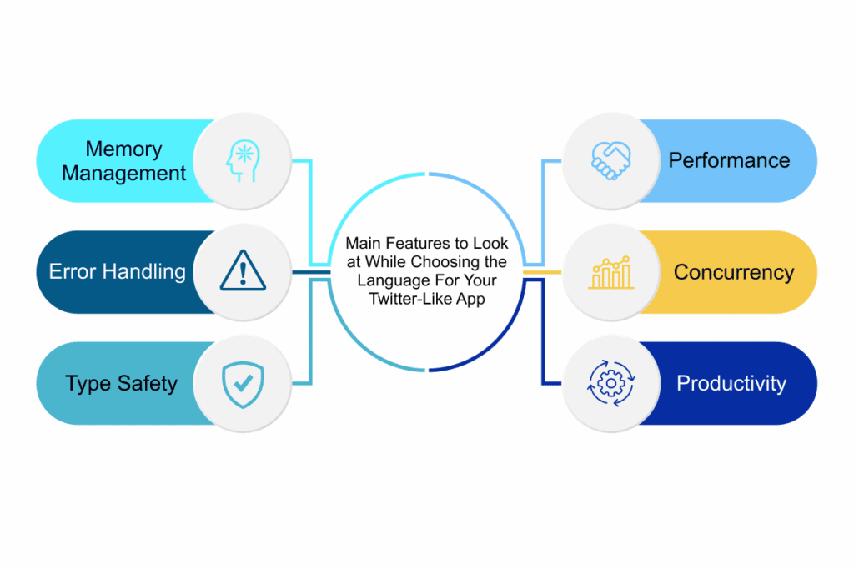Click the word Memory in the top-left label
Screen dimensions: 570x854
[123, 149]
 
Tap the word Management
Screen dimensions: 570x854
[123, 174]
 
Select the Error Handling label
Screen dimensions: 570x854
[117, 271]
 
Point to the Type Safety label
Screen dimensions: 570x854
[121, 384]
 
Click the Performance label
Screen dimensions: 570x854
[729, 160]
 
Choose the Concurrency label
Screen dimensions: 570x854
[734, 272]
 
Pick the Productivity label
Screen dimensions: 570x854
[731, 384]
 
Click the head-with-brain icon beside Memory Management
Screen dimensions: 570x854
[244, 161]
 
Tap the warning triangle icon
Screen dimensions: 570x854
[244, 272]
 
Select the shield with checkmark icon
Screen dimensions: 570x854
[244, 384]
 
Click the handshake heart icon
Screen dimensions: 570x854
[611, 161]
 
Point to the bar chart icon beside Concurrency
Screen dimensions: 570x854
[611, 272]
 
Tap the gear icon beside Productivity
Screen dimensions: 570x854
[611, 384]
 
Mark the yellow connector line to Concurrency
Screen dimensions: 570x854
[542, 272]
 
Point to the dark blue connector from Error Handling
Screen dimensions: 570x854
[311, 272]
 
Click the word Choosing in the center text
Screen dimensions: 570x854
[441, 262]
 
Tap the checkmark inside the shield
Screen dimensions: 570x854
[244, 383]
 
